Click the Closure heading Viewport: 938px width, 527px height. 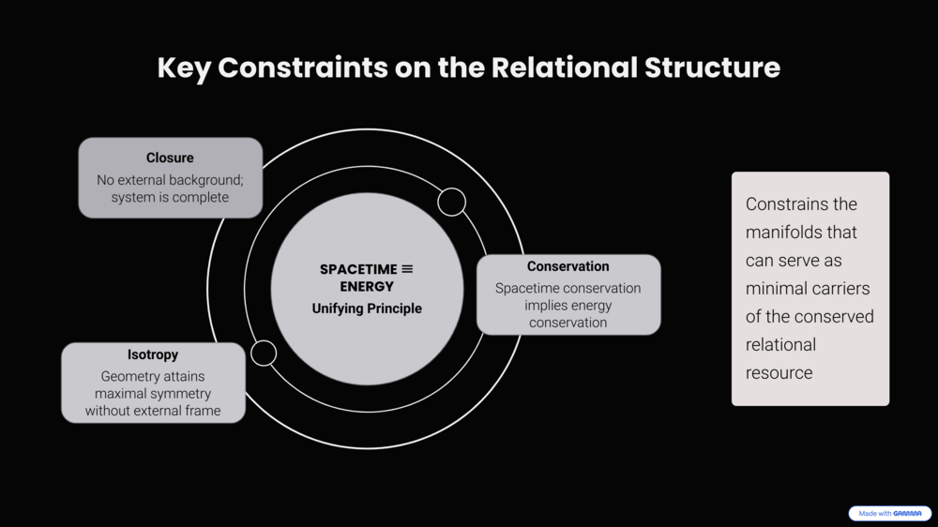click(x=170, y=158)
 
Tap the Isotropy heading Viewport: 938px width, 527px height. click(x=153, y=355)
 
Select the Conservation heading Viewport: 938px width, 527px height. click(x=567, y=266)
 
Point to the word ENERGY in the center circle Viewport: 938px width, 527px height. click(x=367, y=286)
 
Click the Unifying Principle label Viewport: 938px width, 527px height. click(x=367, y=309)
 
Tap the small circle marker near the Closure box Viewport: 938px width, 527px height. click(x=451, y=202)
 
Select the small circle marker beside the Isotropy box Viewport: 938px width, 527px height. click(x=264, y=353)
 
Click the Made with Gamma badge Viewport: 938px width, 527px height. click(x=889, y=514)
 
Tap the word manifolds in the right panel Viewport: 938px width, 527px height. click(x=801, y=232)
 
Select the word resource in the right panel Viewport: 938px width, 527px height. click(x=779, y=372)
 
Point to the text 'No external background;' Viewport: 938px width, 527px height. click(x=170, y=179)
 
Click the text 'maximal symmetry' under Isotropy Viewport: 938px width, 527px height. click(x=153, y=393)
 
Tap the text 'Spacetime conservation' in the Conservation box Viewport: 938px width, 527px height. click(x=567, y=288)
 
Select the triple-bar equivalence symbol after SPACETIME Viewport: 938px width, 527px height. click(x=407, y=269)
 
